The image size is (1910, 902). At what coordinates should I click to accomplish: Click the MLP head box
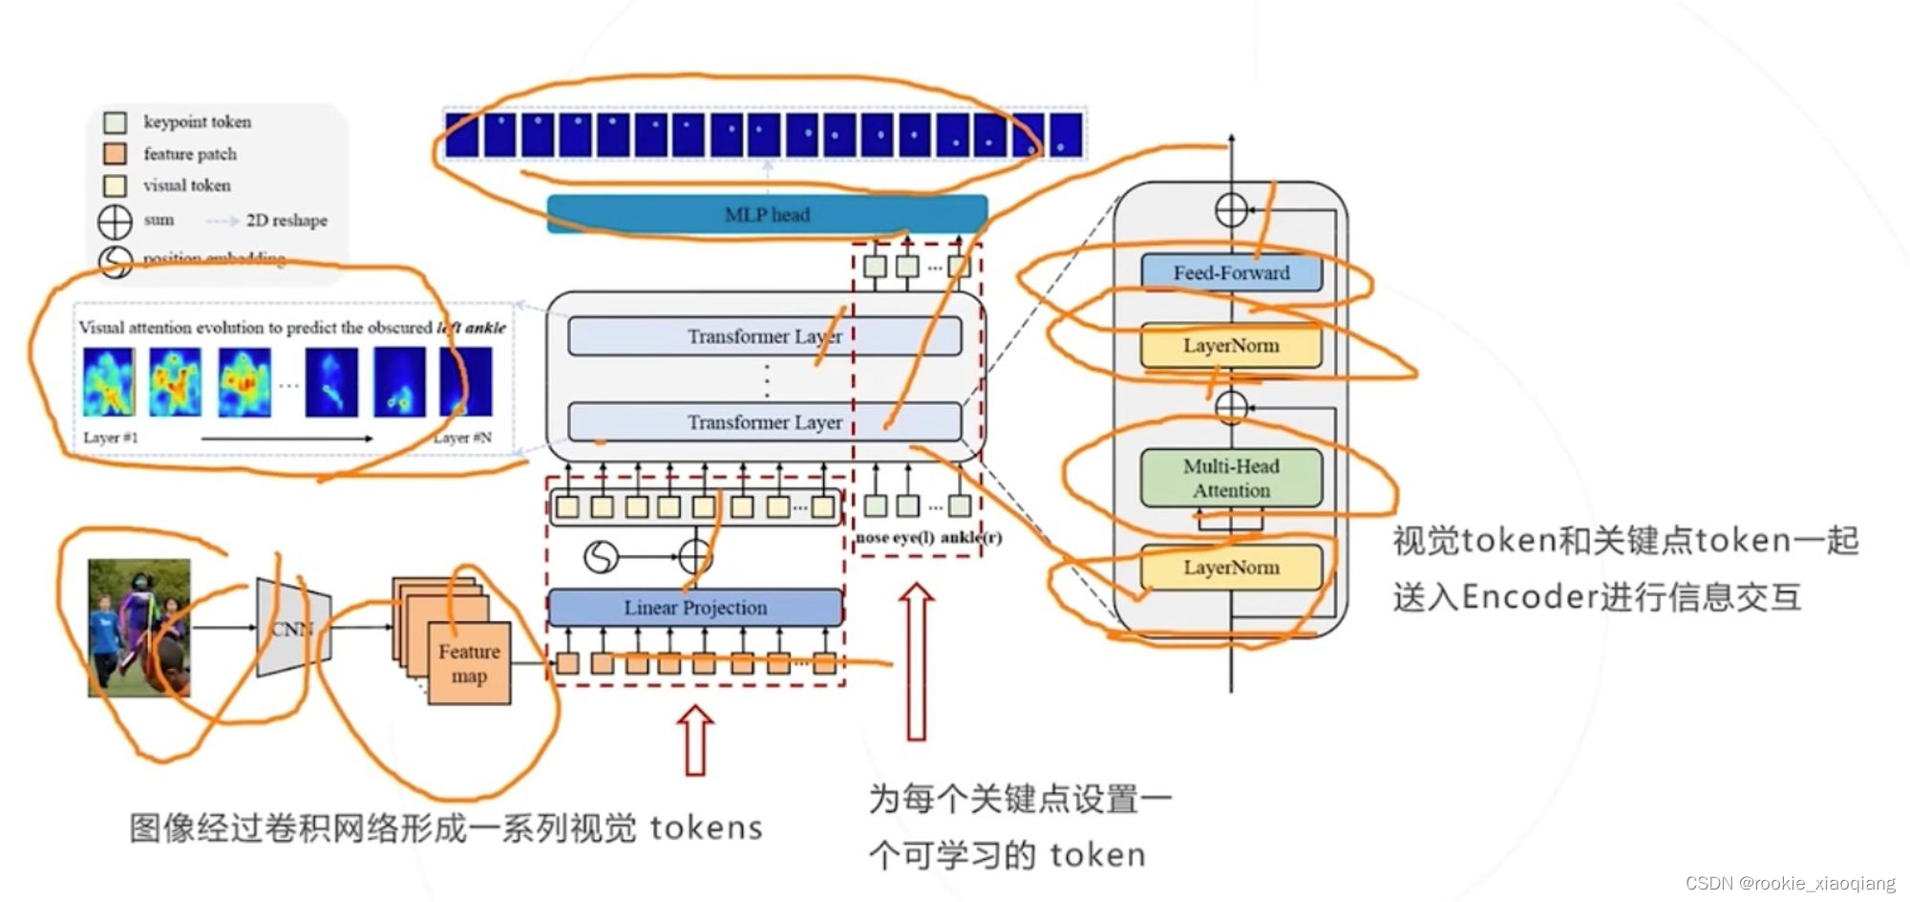767,214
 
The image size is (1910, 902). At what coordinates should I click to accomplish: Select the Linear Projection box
695,607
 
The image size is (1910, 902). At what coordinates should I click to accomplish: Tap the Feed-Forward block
1231,272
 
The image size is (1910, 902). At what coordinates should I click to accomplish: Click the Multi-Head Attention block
1231,478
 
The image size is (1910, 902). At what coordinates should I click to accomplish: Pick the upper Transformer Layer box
764,336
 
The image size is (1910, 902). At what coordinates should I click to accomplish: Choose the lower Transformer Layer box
764,421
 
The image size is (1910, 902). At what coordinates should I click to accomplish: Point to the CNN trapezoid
293,628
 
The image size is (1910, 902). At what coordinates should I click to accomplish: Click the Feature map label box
469,663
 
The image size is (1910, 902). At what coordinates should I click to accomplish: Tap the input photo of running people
139,628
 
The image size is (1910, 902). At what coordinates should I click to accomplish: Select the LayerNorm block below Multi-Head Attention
1231,567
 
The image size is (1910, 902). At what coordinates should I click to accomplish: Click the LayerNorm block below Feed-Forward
1231,345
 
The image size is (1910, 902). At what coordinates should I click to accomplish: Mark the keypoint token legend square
116,122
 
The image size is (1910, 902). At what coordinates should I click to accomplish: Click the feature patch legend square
116,154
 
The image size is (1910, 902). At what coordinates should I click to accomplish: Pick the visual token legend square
116,185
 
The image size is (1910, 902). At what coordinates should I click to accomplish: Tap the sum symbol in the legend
116,221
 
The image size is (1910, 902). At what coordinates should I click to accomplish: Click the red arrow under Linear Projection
695,740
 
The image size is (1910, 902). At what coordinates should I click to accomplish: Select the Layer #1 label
110,438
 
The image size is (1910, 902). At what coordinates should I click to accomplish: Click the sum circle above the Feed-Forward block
1231,209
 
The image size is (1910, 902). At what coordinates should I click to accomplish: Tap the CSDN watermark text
1790,883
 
